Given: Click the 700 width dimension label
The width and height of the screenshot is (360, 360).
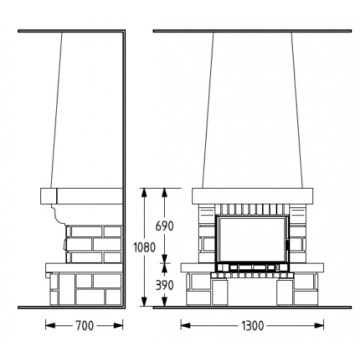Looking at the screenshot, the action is pos(84,325).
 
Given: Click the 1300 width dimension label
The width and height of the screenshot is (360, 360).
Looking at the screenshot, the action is pos(252,325).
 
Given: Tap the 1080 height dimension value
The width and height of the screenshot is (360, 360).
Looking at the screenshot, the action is pos(144,247).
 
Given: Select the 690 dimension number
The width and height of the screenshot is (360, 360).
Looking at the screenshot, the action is pos(164,226).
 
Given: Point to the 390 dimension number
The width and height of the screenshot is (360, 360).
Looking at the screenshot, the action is pos(164,285).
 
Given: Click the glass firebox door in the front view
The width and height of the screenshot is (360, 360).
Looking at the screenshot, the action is pos(252,240).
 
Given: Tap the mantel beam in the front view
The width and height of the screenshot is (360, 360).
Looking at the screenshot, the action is pos(253,197).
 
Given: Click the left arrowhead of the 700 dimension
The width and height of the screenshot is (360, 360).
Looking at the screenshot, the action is pos(50,325).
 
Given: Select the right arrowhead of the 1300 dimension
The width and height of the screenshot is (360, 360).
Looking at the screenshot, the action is pos(319,325).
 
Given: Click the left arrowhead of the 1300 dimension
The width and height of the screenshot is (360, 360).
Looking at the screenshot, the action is pos(186,325).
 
